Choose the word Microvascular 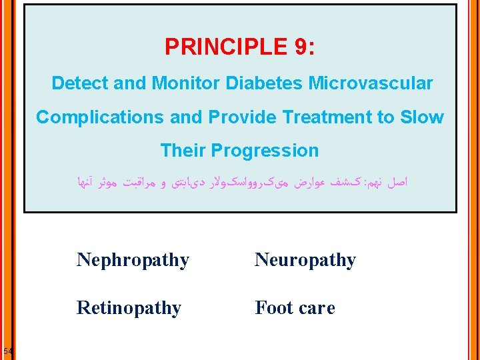[x=368, y=83]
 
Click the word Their [x=183, y=151]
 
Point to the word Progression [x=265, y=151]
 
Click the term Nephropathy [x=133, y=259]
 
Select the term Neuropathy [x=305, y=259]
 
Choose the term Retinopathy [x=129, y=308]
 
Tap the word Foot [x=274, y=308]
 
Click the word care [x=317, y=309]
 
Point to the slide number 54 [x=7, y=351]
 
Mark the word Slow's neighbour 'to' [x=388, y=117]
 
